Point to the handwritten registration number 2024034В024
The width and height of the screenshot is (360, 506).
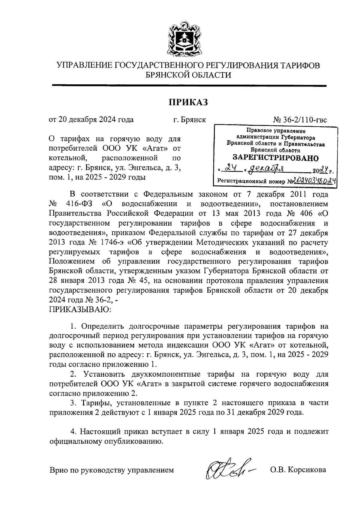[314, 181]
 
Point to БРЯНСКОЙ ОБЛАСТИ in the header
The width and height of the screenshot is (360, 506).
[188, 75]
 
